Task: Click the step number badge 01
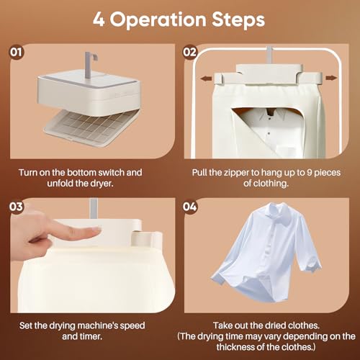[x=17, y=52]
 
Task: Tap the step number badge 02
[x=190, y=52]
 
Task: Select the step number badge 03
[x=17, y=207]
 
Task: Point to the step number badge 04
[x=190, y=207]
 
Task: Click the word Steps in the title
[x=238, y=20]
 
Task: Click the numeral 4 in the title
[x=99, y=19]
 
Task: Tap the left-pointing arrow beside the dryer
[x=206, y=78]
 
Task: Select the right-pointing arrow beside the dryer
[x=331, y=78]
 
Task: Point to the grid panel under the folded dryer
[x=91, y=127]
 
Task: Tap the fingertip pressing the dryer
[x=95, y=231]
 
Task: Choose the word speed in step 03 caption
[x=132, y=326]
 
